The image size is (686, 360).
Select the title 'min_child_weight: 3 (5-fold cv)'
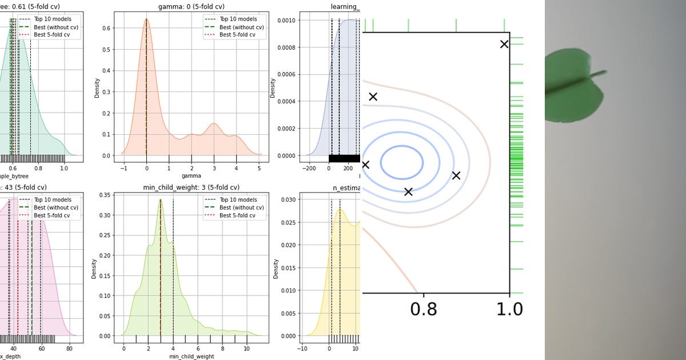click(x=191, y=187)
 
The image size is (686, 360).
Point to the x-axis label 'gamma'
click(x=191, y=175)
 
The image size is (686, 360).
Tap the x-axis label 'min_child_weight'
click(x=191, y=356)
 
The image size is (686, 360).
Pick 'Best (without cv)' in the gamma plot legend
click(x=241, y=27)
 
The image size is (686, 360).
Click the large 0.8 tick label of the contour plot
click(x=424, y=309)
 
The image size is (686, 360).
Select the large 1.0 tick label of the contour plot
click(x=509, y=309)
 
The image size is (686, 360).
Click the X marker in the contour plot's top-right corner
click(x=504, y=44)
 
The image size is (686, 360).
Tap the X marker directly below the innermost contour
click(x=408, y=191)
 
